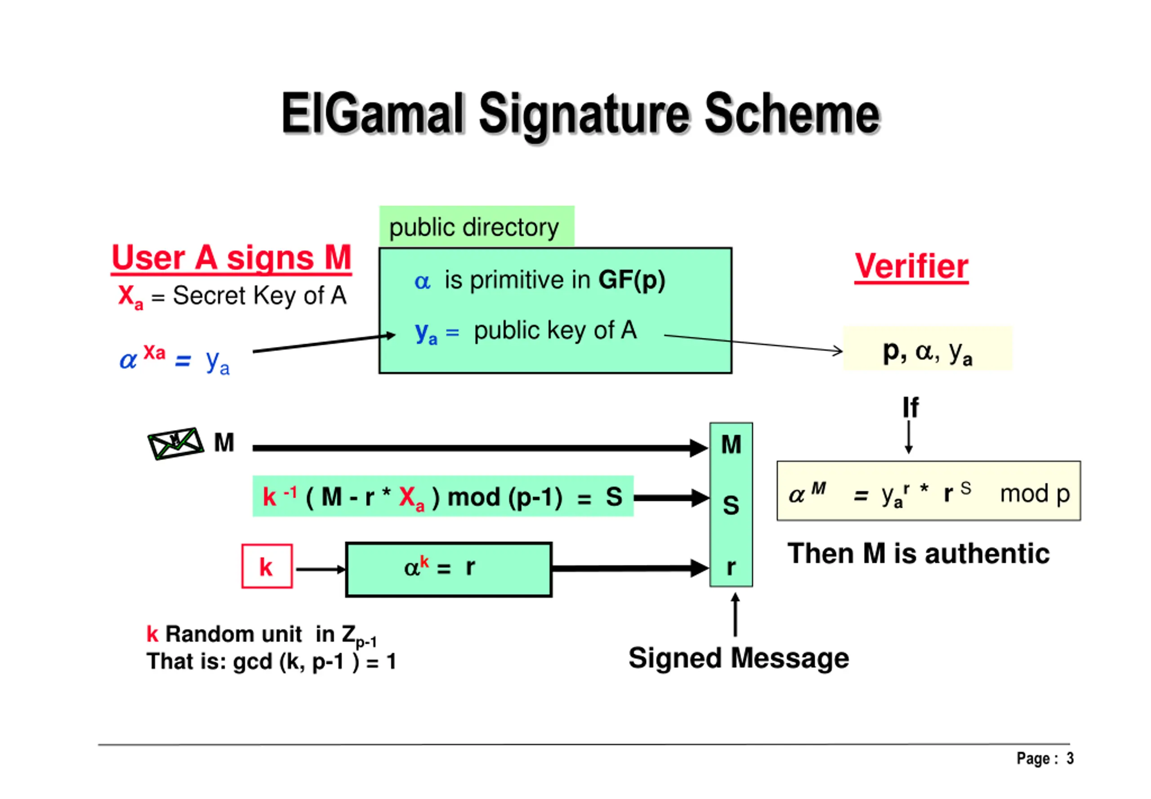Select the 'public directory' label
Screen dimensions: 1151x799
(474, 228)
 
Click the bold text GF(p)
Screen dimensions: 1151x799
(631, 280)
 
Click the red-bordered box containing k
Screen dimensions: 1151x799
(267, 566)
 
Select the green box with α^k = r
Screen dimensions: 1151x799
(449, 569)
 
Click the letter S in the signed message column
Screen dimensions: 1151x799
(731, 505)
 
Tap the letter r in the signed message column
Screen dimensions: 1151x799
(731, 567)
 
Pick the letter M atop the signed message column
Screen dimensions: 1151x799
(731, 444)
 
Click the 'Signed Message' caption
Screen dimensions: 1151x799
(739, 658)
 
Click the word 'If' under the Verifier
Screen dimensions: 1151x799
(910, 408)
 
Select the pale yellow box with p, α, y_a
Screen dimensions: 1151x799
(928, 348)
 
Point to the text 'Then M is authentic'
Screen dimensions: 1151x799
(919, 554)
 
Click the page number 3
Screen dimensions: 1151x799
(1070, 759)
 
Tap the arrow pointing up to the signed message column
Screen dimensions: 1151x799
(735, 614)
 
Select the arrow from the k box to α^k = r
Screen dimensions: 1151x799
(321, 569)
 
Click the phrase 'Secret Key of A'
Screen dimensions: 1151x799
(259, 295)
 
